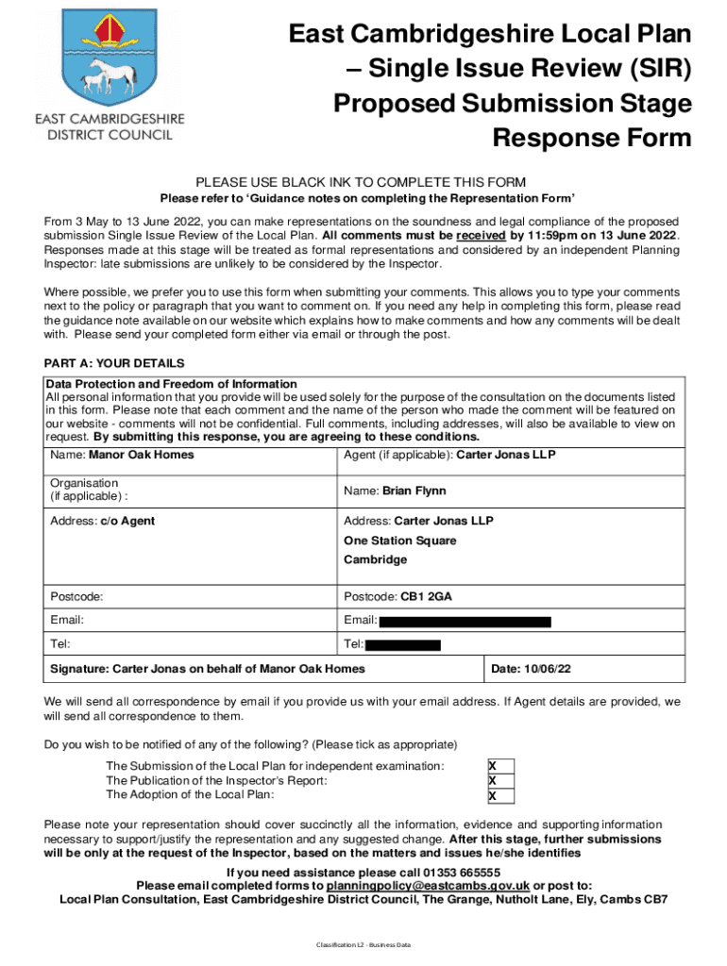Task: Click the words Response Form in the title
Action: tap(592, 139)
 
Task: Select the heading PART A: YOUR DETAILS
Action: tap(114, 363)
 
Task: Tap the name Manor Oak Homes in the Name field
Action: tap(142, 455)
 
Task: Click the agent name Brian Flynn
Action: tap(414, 491)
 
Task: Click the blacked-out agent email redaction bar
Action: tap(465, 622)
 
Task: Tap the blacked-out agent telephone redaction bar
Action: tap(402, 645)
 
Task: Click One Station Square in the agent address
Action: tap(399, 541)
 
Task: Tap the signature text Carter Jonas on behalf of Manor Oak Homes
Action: tap(207, 669)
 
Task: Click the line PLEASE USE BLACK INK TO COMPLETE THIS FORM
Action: tap(361, 182)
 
